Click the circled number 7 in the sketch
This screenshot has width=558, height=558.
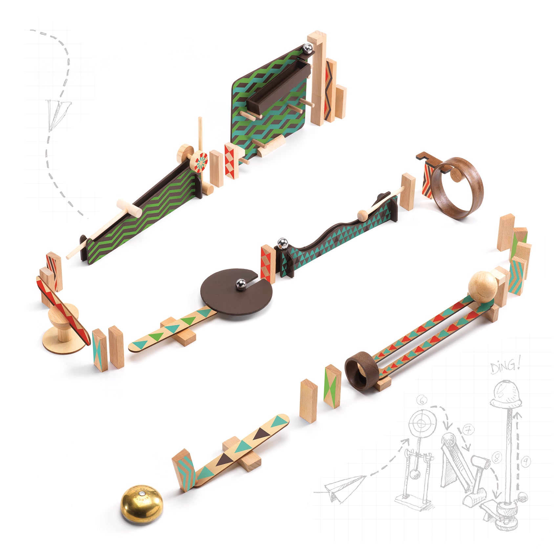point(467,430)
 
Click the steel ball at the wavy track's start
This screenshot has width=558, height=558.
point(282,244)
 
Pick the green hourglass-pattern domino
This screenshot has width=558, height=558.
point(333,386)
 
